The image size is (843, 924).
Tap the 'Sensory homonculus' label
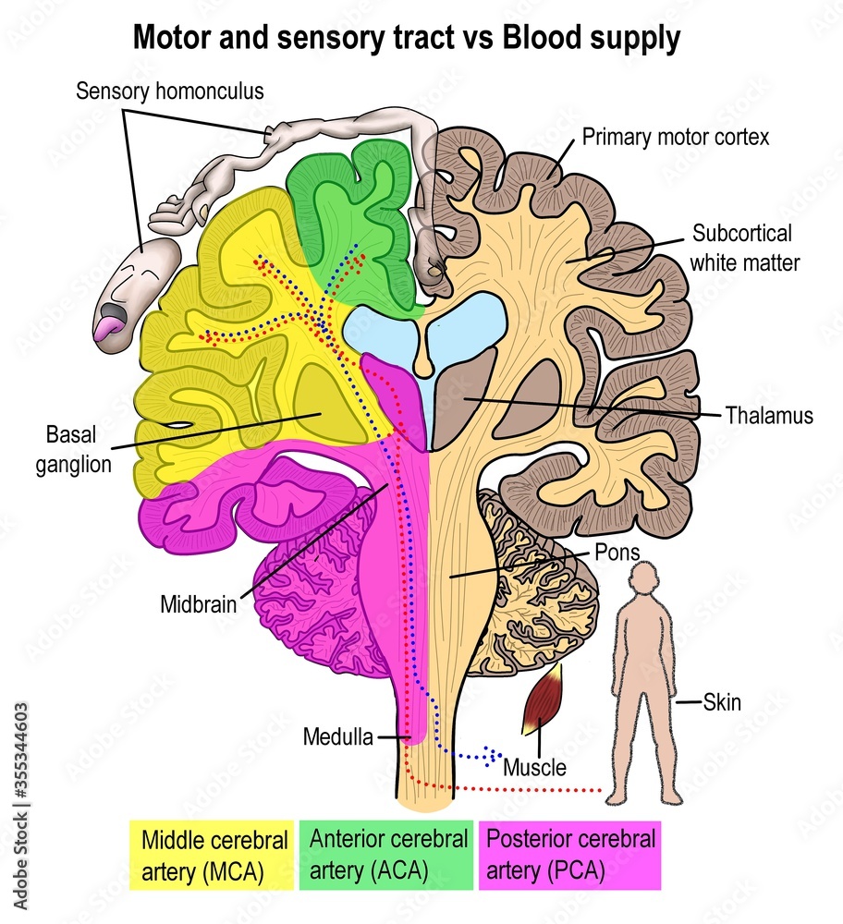(x=170, y=91)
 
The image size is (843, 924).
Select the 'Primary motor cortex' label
(x=676, y=138)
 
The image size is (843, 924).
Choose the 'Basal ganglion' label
(x=73, y=448)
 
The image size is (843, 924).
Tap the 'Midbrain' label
(x=198, y=606)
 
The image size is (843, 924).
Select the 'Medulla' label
(x=337, y=736)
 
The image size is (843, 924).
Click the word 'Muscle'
(x=534, y=767)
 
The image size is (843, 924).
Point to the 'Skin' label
(x=722, y=703)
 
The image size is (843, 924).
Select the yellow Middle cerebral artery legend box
(x=210, y=855)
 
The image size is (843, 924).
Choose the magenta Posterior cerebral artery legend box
(x=570, y=855)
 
